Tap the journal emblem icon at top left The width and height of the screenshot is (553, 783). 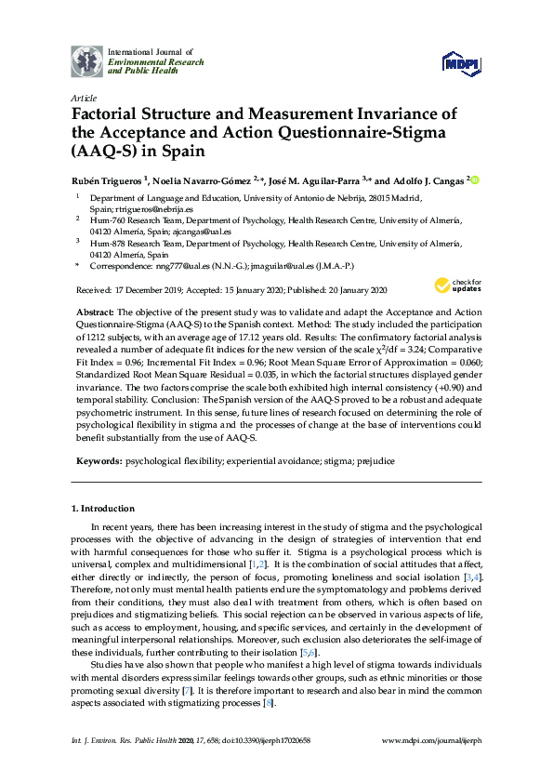pyautogui.click(x=86, y=60)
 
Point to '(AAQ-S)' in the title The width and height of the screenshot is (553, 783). pyautogui.click(x=103, y=152)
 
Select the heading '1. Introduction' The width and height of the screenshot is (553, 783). pyautogui.click(x=103, y=509)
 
